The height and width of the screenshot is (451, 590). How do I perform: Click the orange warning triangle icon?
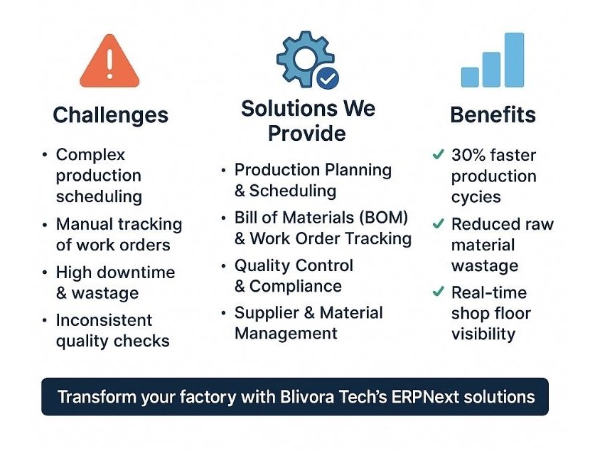pyautogui.click(x=109, y=61)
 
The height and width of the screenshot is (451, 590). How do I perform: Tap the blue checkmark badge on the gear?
pyautogui.click(x=328, y=78)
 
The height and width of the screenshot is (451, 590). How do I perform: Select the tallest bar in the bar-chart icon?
pyautogui.click(x=514, y=60)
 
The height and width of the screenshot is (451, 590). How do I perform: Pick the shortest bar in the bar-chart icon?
pyautogui.click(x=470, y=77)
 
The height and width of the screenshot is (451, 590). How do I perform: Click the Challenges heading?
pyautogui.click(x=111, y=115)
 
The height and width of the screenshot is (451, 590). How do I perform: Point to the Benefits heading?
pyautogui.click(x=493, y=115)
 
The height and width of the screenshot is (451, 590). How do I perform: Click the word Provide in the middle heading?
pyautogui.click(x=306, y=133)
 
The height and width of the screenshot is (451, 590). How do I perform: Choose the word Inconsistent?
pyautogui.click(x=104, y=320)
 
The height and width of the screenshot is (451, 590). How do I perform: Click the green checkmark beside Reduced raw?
pyautogui.click(x=439, y=223)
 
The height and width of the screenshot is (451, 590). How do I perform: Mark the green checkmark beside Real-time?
pyautogui.click(x=439, y=292)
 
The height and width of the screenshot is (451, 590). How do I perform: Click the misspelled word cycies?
pyautogui.click(x=476, y=198)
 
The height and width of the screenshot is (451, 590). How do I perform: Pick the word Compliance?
pyautogui.click(x=296, y=287)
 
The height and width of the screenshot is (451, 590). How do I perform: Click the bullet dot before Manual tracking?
pyautogui.click(x=45, y=225)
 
